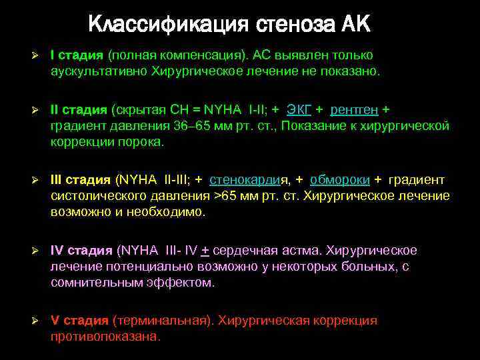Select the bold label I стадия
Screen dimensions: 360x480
(77, 55)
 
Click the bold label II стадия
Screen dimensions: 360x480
(79, 109)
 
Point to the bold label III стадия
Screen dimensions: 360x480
(81, 179)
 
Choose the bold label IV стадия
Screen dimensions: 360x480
(81, 251)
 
